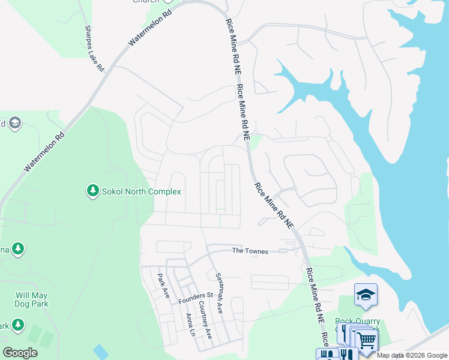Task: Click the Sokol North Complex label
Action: [x=142, y=191]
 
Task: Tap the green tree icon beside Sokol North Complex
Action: [x=92, y=191]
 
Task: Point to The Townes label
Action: [x=250, y=251]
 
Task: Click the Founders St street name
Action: [x=196, y=296]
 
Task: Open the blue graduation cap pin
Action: [x=366, y=295]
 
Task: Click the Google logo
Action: [x=20, y=353]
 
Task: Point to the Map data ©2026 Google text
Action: [x=412, y=355]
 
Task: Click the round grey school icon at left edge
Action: [x=15, y=124]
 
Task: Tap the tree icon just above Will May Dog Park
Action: [x=18, y=248]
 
